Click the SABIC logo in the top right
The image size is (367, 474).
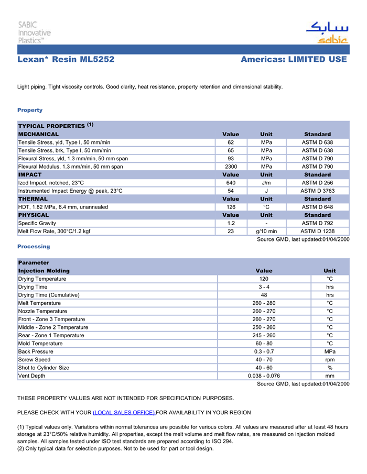[326, 33]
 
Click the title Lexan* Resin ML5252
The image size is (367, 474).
[66, 59]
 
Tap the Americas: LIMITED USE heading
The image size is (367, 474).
[294, 59]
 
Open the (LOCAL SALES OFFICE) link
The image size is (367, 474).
[124, 413]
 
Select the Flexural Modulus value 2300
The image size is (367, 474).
[231, 167]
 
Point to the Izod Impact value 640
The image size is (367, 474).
[231, 183]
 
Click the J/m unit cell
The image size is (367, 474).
[266, 183]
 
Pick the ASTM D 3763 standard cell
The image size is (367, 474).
[317, 191]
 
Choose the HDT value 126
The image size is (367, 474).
[231, 207]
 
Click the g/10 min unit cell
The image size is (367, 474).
[266, 231]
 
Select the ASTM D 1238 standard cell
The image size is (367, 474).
[317, 231]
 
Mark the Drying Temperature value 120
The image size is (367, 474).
[264, 279]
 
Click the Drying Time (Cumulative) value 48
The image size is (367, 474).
[264, 295]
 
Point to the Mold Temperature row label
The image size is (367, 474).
[40, 344]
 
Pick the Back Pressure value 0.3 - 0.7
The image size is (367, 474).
[264, 351]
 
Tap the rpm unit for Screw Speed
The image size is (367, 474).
[330, 360]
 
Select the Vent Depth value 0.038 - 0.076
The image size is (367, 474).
[264, 376]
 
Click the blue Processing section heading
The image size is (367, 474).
[34, 246]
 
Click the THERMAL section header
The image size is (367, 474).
[33, 199]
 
